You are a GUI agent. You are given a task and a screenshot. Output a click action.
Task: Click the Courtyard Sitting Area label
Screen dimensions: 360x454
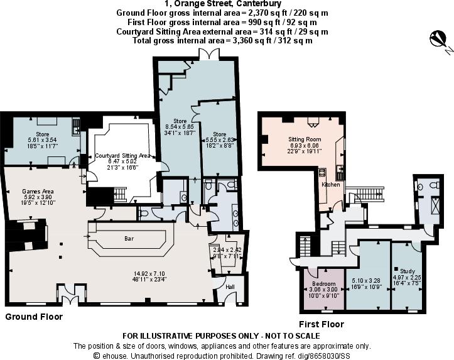click(123, 155)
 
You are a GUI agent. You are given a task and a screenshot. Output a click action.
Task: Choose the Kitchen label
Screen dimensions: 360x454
click(331, 185)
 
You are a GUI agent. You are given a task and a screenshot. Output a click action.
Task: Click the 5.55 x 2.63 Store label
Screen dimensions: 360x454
click(219, 134)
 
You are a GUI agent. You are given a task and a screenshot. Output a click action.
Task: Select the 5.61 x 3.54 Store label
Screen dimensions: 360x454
click(42, 133)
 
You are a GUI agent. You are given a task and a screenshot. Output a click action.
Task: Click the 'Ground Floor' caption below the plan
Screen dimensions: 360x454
click(34, 317)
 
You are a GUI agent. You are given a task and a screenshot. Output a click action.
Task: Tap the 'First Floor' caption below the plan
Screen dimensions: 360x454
click(321, 325)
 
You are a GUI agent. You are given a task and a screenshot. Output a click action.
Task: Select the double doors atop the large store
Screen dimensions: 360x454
click(208, 55)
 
